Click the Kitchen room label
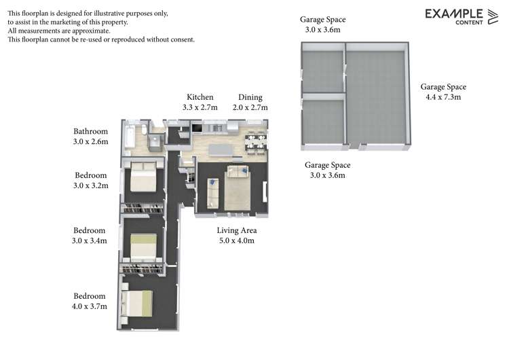pos(200,97)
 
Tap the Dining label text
pos(250,97)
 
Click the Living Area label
pos(236,230)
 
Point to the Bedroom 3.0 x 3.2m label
pos(91,175)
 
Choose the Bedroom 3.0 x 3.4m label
pos(90,230)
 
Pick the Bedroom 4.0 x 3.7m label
pos(90,296)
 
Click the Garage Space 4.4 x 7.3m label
pos(443,87)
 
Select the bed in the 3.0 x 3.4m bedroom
pos(143,247)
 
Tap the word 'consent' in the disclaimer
pos(181,39)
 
